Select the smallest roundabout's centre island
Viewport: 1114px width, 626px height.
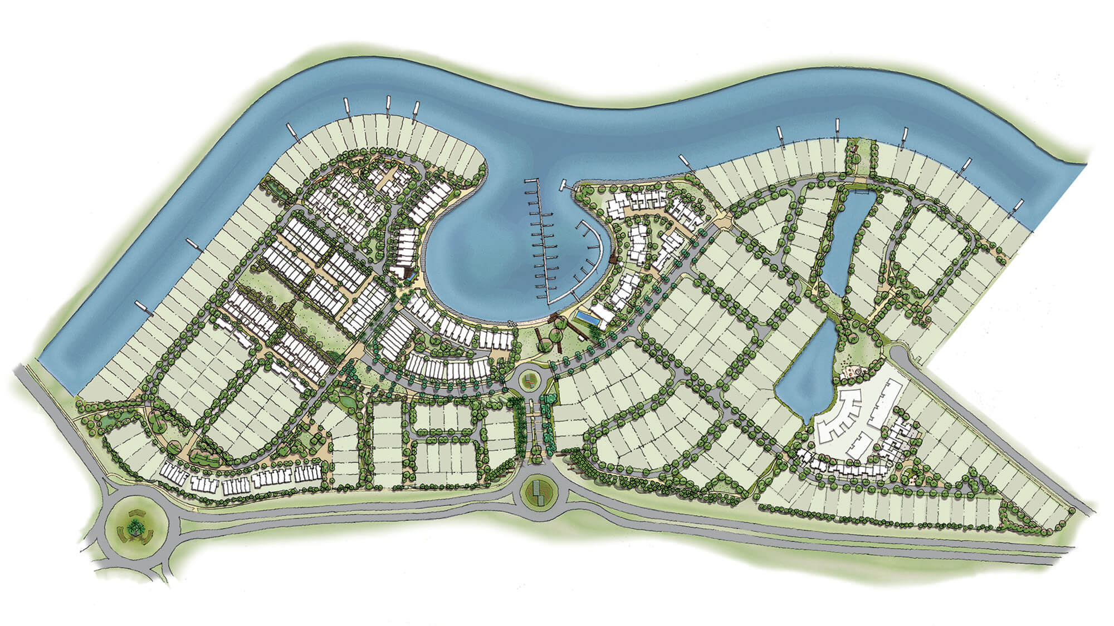[x=529, y=382]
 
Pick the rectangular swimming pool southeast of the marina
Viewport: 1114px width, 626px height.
[x=587, y=319]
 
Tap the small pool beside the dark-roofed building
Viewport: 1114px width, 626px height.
[x=411, y=273]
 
